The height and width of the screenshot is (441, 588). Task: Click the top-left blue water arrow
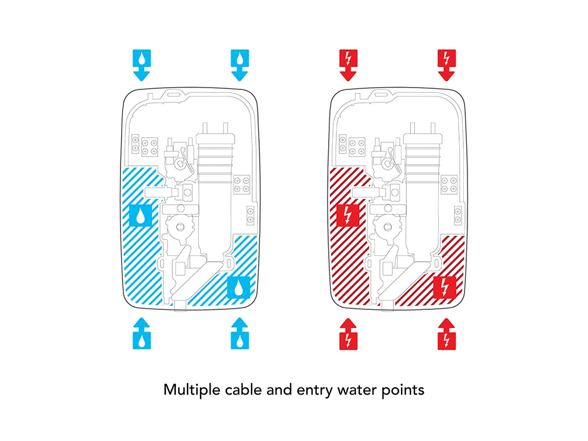[x=142, y=65]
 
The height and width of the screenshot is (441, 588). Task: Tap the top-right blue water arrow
[x=240, y=65]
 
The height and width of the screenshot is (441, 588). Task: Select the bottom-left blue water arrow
[x=142, y=333]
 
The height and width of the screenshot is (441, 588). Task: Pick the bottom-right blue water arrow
[x=240, y=333]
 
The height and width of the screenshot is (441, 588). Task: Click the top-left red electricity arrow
[x=348, y=65]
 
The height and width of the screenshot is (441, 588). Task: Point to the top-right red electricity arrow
[x=447, y=65]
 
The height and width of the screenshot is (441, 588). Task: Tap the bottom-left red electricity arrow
[x=348, y=334]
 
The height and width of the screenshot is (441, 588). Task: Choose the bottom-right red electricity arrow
[x=447, y=334]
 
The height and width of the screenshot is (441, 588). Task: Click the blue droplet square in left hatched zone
[x=141, y=215]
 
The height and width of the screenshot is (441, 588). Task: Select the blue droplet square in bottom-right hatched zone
[x=239, y=288]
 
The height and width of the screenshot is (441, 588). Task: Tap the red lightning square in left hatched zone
[x=348, y=215]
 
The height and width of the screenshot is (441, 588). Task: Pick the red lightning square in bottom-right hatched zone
[x=445, y=288]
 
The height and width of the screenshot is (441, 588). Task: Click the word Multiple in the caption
[x=192, y=390]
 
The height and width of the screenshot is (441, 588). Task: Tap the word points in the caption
[x=403, y=390]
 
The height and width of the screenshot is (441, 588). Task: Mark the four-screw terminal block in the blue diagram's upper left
[x=149, y=147]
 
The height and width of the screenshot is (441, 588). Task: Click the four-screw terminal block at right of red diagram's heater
[x=449, y=185]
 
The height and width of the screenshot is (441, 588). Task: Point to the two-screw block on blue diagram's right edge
[x=250, y=215]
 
